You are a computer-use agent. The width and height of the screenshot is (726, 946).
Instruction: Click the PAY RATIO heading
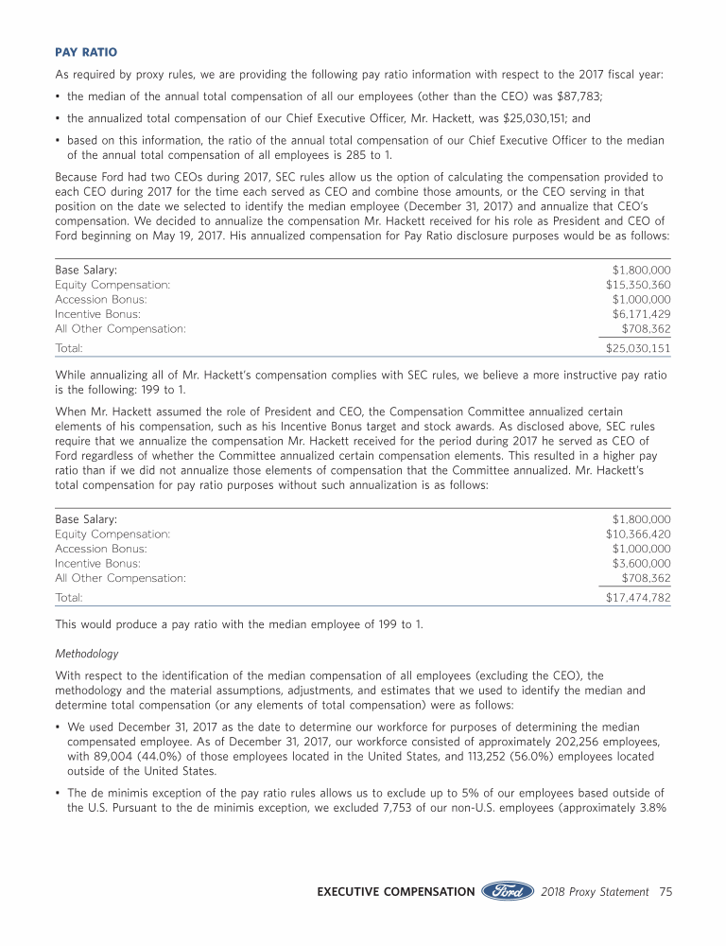tap(89, 52)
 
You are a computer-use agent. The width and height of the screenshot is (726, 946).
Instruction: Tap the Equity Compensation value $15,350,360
tap(638, 285)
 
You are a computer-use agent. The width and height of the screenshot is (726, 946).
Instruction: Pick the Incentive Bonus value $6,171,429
tap(642, 313)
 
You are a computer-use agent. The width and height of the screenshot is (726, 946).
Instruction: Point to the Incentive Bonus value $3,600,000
tap(642, 563)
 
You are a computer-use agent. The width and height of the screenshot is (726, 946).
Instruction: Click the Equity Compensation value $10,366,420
tap(638, 534)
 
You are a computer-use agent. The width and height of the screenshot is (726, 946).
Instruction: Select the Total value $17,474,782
tap(638, 598)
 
